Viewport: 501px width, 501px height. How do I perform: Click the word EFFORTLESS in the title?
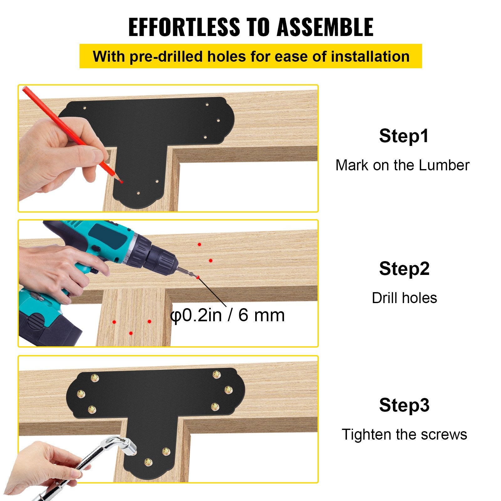[x=184, y=27]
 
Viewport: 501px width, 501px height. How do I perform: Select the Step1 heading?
[x=404, y=136]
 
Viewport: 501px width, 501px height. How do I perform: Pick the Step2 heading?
[x=404, y=269]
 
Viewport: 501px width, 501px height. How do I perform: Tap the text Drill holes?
[x=404, y=298]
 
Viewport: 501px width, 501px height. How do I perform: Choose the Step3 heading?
[x=404, y=405]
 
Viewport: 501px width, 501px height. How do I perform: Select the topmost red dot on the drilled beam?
[x=199, y=244]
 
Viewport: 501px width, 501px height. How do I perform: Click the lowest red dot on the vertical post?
[x=131, y=333]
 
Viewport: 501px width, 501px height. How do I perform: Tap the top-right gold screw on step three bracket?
[x=216, y=374]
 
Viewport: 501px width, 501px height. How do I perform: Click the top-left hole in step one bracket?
[x=85, y=108]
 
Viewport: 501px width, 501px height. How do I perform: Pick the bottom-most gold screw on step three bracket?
[x=148, y=462]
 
